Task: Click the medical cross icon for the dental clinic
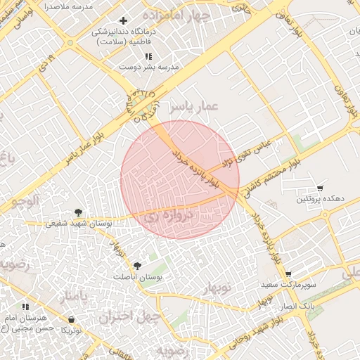pos(124,21)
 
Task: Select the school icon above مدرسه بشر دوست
pos(148,56)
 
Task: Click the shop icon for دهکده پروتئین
pos(320,188)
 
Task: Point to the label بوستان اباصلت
pos(138,278)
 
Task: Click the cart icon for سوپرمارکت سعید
pos(288,274)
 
